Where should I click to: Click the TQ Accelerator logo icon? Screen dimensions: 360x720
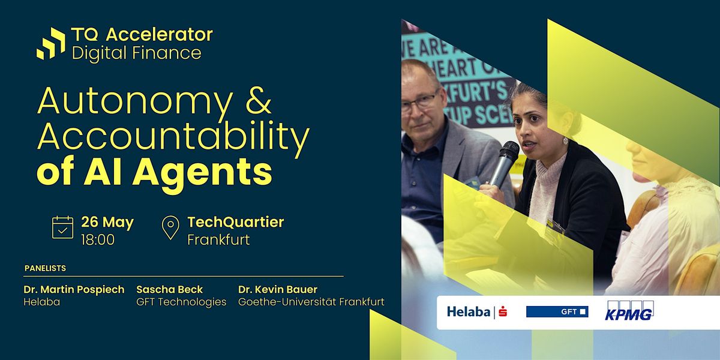coord(50,43)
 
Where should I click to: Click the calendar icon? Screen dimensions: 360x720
coord(62,228)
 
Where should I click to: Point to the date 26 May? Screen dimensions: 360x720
coord(107,223)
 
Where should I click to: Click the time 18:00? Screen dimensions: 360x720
coord(98,240)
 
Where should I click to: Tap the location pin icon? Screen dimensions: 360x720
coord(170,228)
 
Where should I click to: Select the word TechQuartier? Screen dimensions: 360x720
coord(235,222)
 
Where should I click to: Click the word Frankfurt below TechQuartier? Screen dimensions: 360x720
coord(218,240)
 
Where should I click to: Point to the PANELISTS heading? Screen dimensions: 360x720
coord(45,268)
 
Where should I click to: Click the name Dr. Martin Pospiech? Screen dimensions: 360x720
coord(74,289)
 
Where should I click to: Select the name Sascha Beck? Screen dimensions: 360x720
coord(170,289)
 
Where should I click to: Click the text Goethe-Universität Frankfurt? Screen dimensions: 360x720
coord(311,302)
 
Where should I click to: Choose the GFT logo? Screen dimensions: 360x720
coord(557,312)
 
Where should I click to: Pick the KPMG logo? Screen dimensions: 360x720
coord(628,312)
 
